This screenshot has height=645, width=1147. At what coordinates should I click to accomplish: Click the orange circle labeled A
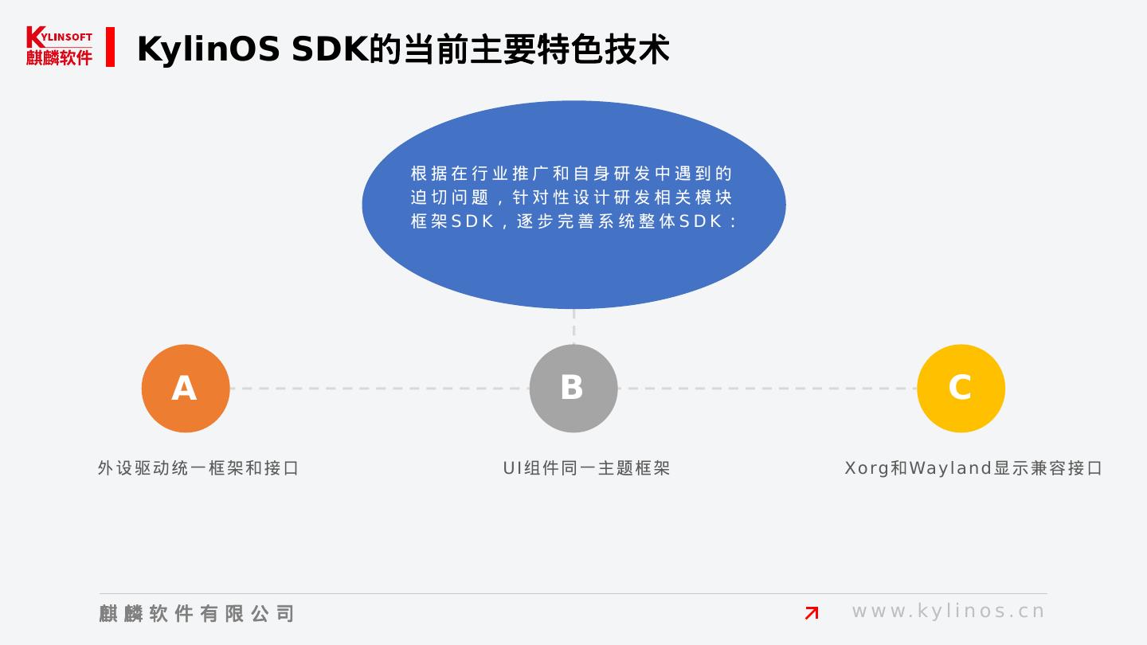point(186,389)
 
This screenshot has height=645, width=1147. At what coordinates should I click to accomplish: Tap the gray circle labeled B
point(573,389)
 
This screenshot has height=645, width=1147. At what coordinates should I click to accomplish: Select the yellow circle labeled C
point(961,389)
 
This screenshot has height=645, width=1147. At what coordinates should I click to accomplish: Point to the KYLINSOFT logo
point(59,46)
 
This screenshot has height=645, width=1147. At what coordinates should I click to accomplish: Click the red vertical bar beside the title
point(110,47)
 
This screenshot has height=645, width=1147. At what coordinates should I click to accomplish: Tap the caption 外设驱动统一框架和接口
point(198,468)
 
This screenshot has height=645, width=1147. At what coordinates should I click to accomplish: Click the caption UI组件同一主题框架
point(586,468)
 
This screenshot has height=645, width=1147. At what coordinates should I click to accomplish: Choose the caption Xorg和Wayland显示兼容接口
point(973,468)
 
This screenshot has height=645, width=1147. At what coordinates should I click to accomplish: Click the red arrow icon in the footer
point(812,612)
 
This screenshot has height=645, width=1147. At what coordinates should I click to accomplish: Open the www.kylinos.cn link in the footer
point(948,612)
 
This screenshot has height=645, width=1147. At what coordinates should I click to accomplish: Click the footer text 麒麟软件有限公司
point(197,613)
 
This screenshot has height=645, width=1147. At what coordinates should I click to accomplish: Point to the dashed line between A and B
point(379,389)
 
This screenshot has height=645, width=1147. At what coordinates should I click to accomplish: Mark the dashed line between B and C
point(767,389)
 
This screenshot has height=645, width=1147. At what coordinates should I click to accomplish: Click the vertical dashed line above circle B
point(573,326)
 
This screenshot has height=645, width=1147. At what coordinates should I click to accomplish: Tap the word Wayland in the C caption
point(950,468)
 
